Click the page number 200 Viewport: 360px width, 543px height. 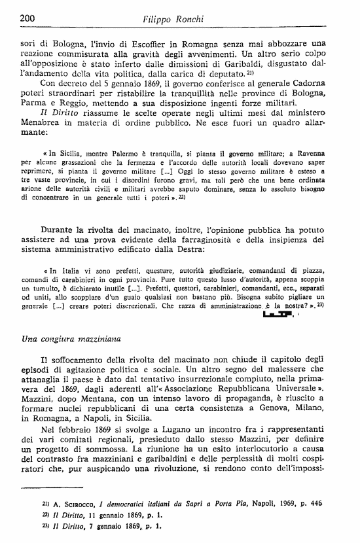coord(27,18)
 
